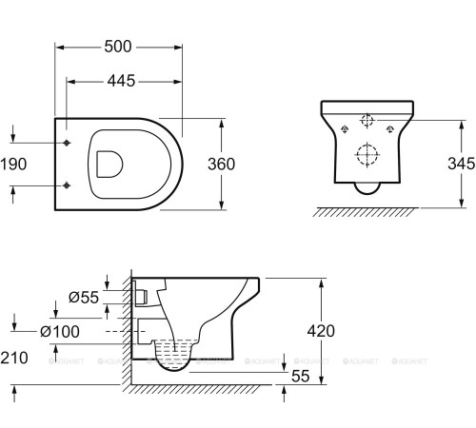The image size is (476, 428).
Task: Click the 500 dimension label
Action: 118,47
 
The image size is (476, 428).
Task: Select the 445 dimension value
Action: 121,81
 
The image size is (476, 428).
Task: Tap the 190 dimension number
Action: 13,165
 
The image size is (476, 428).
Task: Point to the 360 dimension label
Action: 221,165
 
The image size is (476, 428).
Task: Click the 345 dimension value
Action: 462,164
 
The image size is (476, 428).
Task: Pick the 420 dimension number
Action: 321,331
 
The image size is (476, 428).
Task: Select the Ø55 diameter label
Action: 84,298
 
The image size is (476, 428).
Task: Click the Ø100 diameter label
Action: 60,332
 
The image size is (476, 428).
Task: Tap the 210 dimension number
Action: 14,358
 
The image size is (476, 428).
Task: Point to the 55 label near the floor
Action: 300,376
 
